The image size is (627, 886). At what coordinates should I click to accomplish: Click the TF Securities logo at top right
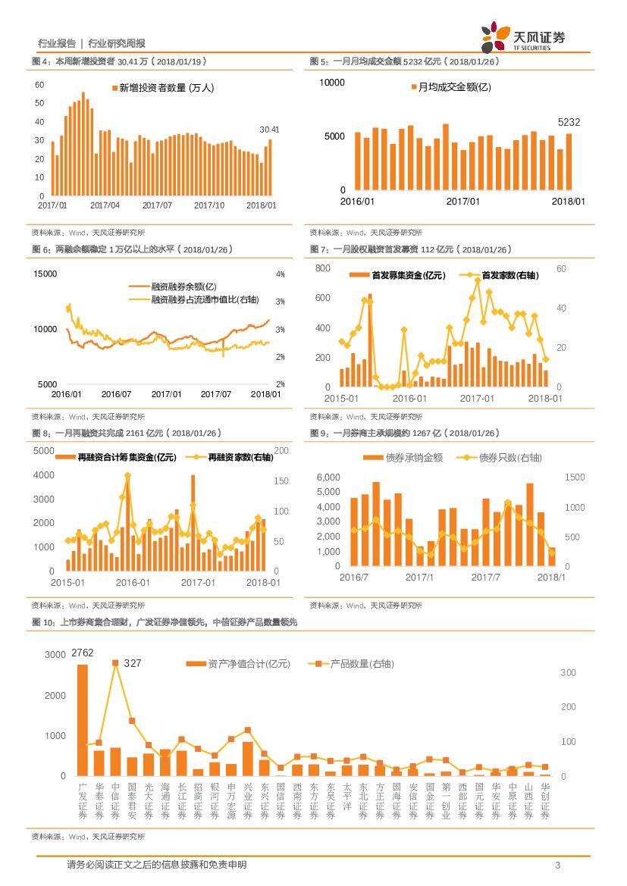tap(523, 38)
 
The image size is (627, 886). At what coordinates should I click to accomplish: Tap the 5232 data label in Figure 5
tap(569, 122)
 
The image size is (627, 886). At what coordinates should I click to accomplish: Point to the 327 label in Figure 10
tap(133, 663)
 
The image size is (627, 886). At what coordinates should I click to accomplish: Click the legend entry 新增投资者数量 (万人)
tap(162, 88)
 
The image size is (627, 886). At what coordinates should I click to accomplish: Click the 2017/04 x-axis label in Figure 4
tap(105, 205)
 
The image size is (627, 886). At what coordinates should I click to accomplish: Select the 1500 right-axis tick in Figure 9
tap(574, 477)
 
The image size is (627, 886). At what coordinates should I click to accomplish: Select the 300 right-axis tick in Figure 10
tap(568, 673)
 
